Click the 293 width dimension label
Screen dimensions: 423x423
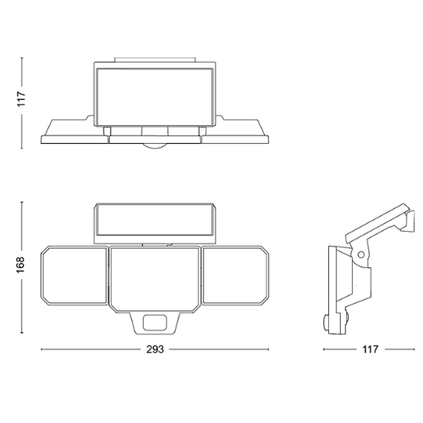pyautogui.click(x=155, y=349)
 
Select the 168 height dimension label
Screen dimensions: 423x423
pyautogui.click(x=21, y=265)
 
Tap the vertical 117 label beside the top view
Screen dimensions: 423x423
pyautogui.click(x=21, y=99)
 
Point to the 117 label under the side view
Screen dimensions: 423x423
pyautogui.click(x=370, y=349)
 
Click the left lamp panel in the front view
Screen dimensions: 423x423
pyautogui.click(x=74, y=276)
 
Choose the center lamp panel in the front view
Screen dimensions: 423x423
pyautogui.click(x=155, y=279)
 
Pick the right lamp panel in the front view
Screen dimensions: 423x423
pyautogui.click(x=235, y=276)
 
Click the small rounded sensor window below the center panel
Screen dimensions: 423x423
pyautogui.click(x=155, y=323)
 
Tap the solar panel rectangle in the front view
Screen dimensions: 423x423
pyautogui.click(x=155, y=221)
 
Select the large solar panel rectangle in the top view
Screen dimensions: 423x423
pyautogui.click(x=155, y=96)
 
